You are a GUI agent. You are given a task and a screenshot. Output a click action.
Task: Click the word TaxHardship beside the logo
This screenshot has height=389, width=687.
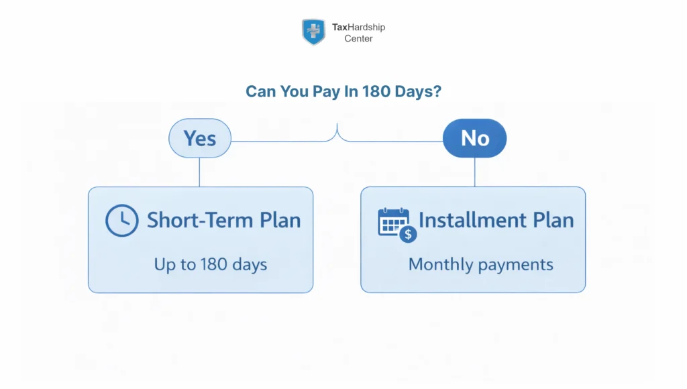coord(358,27)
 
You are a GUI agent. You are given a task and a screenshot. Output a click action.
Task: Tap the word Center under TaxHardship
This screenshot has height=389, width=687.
coord(358,39)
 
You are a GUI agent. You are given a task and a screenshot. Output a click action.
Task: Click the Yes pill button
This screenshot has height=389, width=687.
coord(199,139)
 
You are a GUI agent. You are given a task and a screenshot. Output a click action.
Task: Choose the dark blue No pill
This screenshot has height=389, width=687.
coord(474,139)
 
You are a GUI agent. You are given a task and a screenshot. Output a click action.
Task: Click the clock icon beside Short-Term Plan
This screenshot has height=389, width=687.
coord(122,221)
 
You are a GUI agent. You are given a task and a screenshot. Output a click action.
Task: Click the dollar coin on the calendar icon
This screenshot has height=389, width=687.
coord(407,234)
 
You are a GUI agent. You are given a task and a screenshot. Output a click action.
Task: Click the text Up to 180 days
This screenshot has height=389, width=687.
coord(211,264)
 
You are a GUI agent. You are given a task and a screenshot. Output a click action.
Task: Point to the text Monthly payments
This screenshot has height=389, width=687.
coord(480,264)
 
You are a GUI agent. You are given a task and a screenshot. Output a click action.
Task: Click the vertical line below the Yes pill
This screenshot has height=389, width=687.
coord(199,172)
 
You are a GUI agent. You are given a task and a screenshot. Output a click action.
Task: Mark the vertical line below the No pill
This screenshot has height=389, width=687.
coord(474,172)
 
